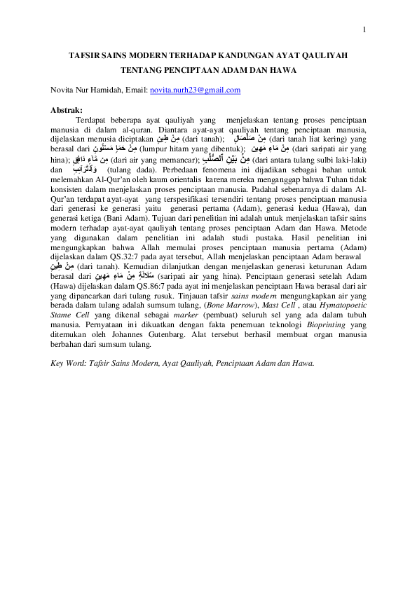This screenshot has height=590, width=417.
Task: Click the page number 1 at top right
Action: (364, 29)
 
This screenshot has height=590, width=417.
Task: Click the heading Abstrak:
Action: (67, 110)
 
